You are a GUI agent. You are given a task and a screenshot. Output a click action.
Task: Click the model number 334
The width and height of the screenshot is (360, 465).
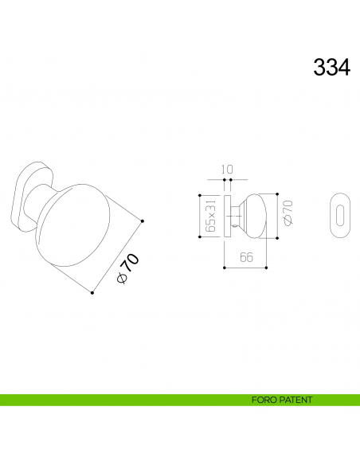click(331, 68)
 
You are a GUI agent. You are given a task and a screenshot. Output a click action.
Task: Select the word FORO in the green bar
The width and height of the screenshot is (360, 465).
click(263, 401)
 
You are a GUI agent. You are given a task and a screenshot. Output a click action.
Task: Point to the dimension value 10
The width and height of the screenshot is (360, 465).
click(227, 169)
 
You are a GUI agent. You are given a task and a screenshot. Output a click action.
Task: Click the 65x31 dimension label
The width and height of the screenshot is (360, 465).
click(210, 216)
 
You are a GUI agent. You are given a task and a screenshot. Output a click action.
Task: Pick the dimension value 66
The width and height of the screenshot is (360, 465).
click(246, 257)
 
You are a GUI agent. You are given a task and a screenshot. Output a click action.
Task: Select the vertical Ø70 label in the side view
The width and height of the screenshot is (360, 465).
click(288, 213)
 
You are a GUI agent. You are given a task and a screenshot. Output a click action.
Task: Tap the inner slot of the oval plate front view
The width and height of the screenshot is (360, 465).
click(341, 215)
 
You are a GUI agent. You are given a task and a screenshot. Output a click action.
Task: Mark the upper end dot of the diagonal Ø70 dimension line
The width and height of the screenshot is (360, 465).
click(143, 221)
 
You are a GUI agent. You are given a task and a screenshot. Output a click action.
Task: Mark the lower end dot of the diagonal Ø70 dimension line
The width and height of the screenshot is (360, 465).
click(92, 293)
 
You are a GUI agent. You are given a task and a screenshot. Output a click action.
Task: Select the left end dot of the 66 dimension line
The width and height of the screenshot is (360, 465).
click(224, 268)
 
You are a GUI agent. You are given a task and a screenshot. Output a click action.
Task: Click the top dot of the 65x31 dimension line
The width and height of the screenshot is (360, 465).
click(199, 194)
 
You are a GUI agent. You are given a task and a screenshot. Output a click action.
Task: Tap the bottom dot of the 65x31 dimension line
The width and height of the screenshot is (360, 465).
click(199, 236)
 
